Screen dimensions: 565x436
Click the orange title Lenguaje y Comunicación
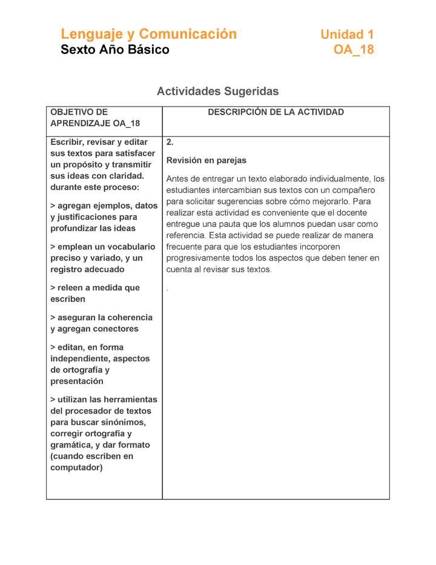tap(148, 34)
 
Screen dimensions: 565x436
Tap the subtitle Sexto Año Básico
tap(115, 50)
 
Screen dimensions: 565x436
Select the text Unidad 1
tap(347, 35)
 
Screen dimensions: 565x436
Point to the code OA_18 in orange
tap(354, 50)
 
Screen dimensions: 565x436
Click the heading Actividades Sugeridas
tap(217, 92)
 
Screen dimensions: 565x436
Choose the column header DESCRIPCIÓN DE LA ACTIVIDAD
tap(276, 112)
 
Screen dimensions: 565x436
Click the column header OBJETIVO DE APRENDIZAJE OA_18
tap(95, 118)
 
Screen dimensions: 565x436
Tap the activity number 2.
tap(170, 142)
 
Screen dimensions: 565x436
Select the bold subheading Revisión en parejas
tap(206, 161)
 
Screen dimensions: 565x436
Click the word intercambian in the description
tap(232, 190)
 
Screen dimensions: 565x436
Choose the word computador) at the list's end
tap(77, 467)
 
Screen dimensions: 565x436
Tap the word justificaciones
tap(94, 217)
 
